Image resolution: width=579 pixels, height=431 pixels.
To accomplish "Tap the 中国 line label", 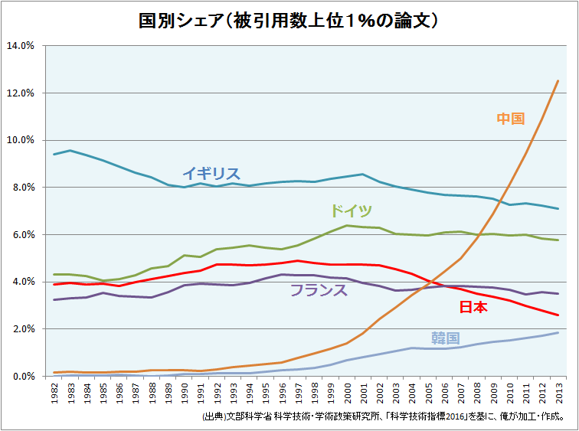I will point(510,119).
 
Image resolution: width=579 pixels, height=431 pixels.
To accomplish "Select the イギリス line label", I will point(211,174).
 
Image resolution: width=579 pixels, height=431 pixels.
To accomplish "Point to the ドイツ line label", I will point(351,211).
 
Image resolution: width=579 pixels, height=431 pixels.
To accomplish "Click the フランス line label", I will point(318,290).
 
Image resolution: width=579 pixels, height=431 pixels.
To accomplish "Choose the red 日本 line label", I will point(473,308).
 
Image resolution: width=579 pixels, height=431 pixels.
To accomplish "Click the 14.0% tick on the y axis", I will point(20,46).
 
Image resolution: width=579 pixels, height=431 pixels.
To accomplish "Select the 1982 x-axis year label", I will point(55,392).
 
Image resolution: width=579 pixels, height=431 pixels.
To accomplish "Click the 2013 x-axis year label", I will point(558,392).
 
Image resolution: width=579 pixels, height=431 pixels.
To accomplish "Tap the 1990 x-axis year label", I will point(185,392).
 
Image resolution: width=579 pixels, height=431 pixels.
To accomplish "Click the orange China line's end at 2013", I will point(558,80).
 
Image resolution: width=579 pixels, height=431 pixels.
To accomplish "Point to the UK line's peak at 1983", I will point(71,150).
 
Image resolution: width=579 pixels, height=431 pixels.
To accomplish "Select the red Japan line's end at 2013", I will point(558,315).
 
